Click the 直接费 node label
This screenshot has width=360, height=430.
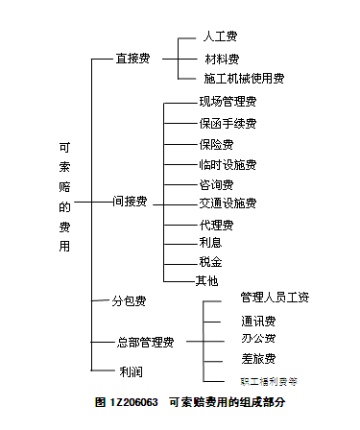point(132,59)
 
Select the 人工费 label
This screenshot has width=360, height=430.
point(220,38)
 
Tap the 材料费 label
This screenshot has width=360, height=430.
point(220,59)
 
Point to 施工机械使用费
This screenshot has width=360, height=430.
point(244,79)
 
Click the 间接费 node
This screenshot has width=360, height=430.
point(130,202)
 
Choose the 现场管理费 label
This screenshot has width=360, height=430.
point(228,101)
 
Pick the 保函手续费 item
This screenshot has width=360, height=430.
point(228,123)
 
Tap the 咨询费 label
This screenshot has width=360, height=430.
point(216,183)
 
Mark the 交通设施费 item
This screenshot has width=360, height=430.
point(228,203)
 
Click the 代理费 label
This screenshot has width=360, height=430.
point(216,225)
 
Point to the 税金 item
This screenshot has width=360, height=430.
point(210,262)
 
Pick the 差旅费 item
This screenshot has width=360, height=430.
point(258,359)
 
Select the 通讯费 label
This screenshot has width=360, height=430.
point(258,320)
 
